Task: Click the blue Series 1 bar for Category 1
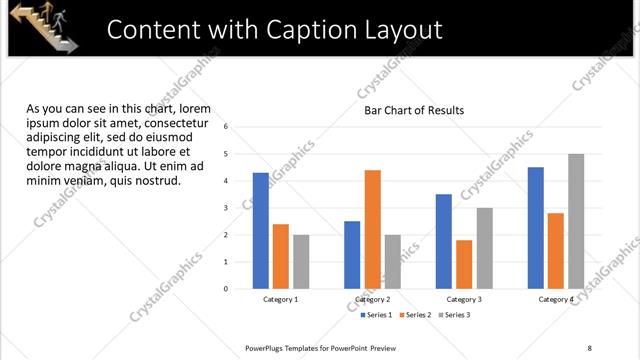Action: [261, 230]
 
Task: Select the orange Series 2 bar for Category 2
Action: [373, 229]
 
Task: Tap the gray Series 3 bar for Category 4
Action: [576, 221]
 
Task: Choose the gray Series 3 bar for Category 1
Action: [301, 261]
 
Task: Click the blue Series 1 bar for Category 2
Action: [352, 254]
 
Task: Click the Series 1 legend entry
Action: [379, 315]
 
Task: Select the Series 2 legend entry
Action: [417, 315]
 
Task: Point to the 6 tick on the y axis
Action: [227, 127]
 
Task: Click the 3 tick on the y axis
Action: [227, 208]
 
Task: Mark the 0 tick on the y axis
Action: [227, 289]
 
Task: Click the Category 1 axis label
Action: [281, 299]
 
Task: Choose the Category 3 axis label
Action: [464, 299]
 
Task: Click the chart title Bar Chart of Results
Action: [414, 110]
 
